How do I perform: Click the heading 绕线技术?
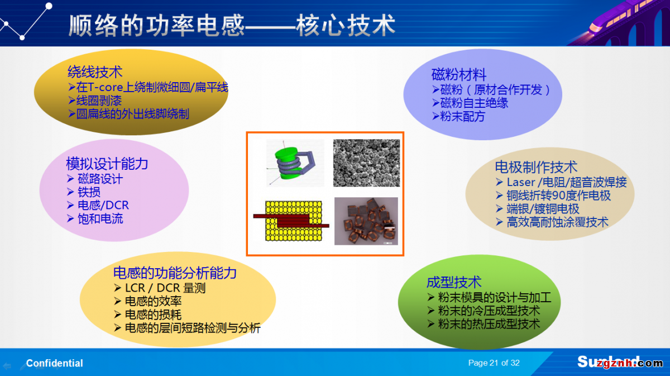click(95, 72)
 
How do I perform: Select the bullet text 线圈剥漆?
click(99, 101)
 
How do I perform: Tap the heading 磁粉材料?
click(458, 74)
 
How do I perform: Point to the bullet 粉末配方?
click(463, 116)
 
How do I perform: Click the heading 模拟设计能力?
click(107, 164)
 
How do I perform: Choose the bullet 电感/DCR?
click(103, 206)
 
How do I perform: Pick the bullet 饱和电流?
click(100, 219)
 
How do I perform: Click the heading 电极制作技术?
click(536, 167)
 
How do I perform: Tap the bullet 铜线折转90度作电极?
click(558, 196)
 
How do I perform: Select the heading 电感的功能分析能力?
click(175, 273)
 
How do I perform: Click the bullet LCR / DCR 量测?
click(165, 288)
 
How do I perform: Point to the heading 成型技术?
click(454, 282)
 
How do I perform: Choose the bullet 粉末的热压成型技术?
click(489, 324)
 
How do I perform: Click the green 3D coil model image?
click(295, 163)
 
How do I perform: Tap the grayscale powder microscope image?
click(366, 163)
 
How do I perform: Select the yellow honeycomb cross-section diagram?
click(291, 221)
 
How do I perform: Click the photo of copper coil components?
click(366, 221)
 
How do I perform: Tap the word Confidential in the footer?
click(55, 363)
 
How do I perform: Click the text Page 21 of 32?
click(494, 363)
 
